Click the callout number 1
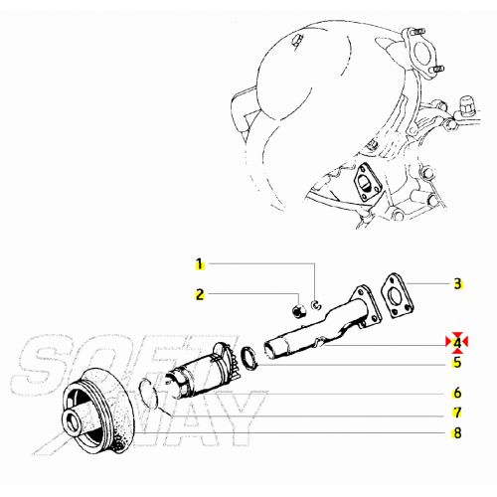point(199,264)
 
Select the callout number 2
point(199,294)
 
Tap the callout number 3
point(457,283)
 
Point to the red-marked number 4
point(457,344)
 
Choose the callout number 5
point(457,362)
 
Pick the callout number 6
point(457,392)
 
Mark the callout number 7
point(457,412)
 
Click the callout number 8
point(457,432)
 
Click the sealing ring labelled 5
point(251,356)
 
